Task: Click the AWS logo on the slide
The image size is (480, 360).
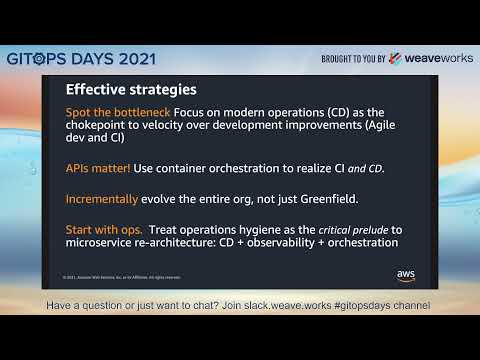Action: (406, 274)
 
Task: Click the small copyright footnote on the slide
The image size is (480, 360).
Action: (121, 277)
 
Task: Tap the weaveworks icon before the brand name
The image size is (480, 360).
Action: (396, 58)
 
